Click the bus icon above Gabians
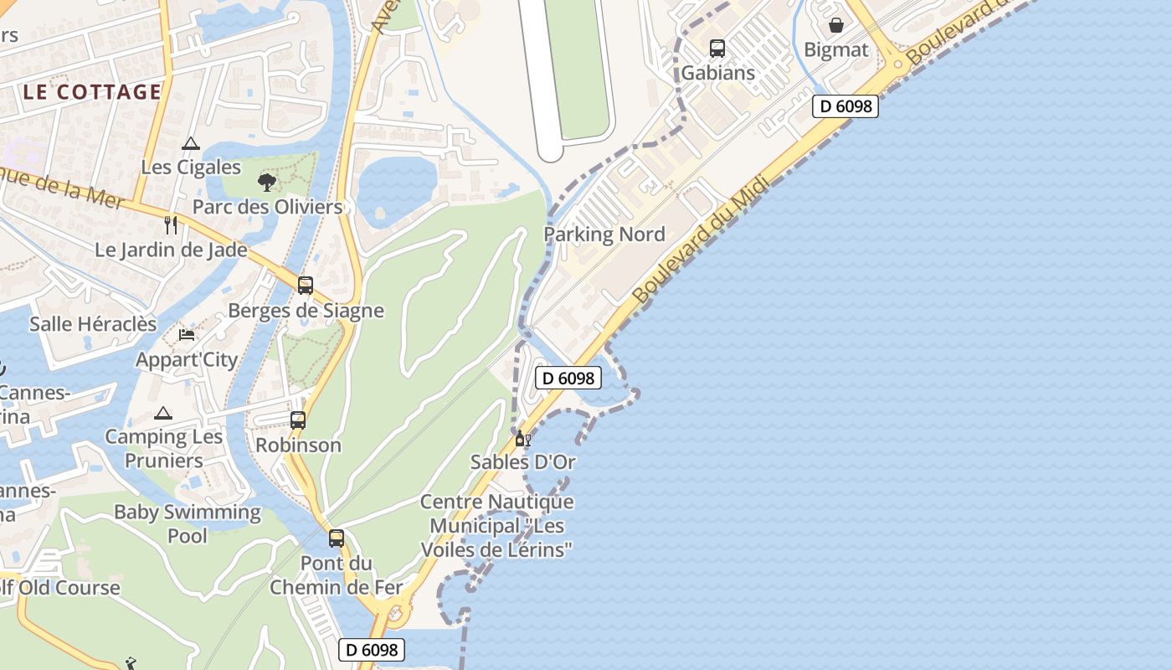[717, 49]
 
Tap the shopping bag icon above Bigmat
[835, 25]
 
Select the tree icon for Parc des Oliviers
[267, 182]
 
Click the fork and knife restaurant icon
[171, 224]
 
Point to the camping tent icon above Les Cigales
[191, 143]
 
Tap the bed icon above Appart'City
[187, 335]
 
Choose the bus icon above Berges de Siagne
[306, 286]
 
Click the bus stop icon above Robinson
[298, 420]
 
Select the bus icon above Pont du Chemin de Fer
[337, 539]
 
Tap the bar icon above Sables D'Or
[522, 438]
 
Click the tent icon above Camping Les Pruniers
[163, 413]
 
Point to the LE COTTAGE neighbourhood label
[92, 92]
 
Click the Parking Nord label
[604, 234]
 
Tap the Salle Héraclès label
[93, 324]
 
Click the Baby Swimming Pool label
[188, 523]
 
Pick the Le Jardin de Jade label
[171, 250]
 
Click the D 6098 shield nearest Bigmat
[846, 106]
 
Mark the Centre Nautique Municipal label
[497, 526]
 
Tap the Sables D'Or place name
[523, 461]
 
